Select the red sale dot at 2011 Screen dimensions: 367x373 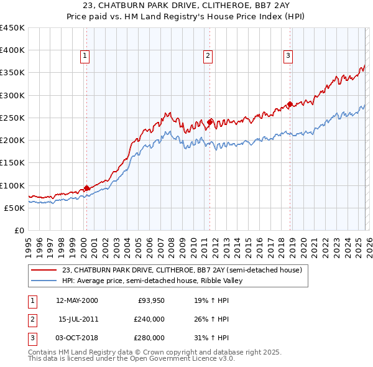point(210,122)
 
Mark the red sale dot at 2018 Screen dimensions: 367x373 point(290,104)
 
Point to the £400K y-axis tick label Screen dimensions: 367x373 point(12,50)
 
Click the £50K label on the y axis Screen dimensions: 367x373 point(14,208)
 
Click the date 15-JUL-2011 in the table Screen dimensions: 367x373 point(78,319)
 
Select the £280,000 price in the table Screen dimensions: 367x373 point(149,338)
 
